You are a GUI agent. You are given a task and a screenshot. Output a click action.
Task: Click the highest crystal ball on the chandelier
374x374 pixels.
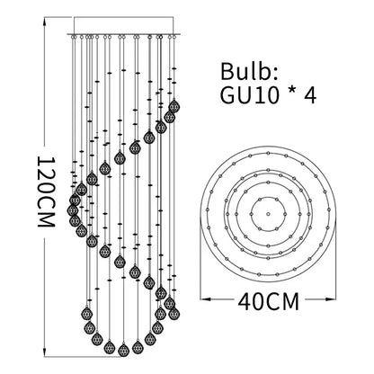[174, 105]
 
